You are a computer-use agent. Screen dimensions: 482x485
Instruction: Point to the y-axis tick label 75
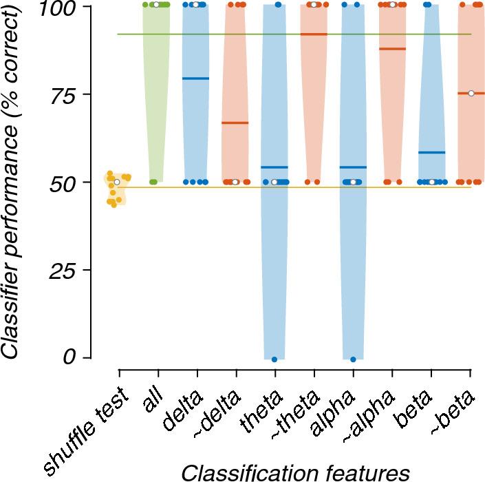69,95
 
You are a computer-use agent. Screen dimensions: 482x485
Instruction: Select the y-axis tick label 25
69,271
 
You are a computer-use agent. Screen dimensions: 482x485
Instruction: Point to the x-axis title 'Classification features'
296,472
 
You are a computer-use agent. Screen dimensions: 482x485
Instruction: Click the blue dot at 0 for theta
274,359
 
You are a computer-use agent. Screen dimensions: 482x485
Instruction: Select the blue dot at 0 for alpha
353,359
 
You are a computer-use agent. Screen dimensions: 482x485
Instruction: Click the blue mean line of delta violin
196,78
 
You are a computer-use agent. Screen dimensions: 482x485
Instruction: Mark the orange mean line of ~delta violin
235,123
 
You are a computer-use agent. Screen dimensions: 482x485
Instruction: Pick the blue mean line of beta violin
431,152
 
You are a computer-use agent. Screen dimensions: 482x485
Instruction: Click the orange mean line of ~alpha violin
392,49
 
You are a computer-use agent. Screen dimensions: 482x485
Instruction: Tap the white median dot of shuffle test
117,182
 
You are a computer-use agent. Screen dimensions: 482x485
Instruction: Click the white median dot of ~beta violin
471,93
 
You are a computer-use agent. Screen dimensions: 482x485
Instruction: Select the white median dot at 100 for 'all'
156,5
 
